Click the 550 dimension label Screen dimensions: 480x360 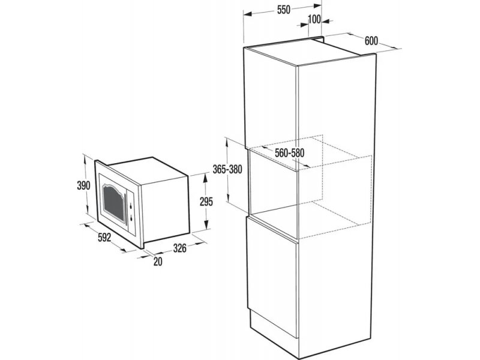(283, 10)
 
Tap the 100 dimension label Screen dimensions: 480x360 (314, 20)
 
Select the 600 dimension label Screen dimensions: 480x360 (371, 41)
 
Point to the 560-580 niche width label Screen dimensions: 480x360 (290, 153)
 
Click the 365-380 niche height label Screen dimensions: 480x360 (227, 169)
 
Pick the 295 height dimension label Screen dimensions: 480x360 (206, 202)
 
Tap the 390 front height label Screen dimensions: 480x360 (83, 185)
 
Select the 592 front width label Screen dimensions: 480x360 (104, 237)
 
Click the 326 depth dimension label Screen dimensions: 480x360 (179, 248)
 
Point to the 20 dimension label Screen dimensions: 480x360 (158, 262)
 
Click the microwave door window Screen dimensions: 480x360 (114, 202)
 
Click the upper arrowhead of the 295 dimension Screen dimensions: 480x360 (206, 178)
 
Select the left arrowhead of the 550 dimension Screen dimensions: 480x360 (248, 14)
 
